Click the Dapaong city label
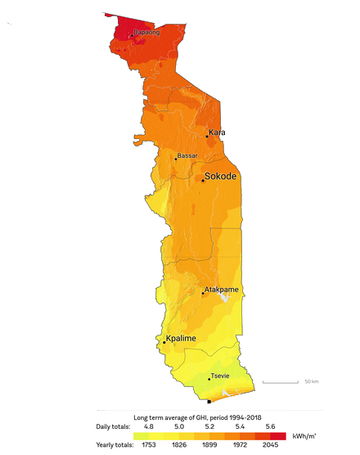(x=146, y=32)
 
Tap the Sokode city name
(x=220, y=176)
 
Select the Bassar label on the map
(x=187, y=155)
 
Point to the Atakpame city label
(x=220, y=289)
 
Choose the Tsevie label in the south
(x=220, y=376)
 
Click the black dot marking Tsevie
(x=209, y=379)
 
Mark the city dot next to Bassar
(x=174, y=158)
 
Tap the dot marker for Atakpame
(x=204, y=292)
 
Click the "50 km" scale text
(x=311, y=381)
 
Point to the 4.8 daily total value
(x=150, y=427)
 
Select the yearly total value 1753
(x=150, y=446)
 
